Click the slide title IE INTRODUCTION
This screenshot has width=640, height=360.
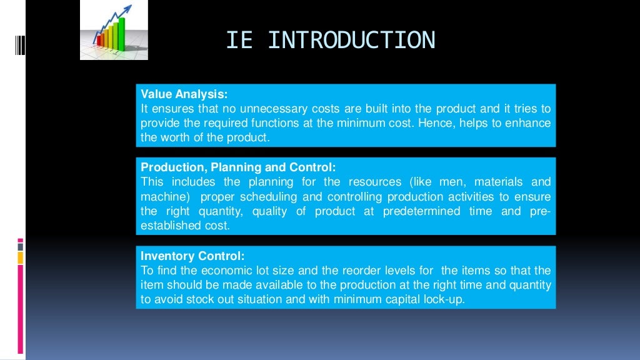tap(330, 40)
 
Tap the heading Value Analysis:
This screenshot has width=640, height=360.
tap(184, 94)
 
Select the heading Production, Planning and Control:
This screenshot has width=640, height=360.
tap(238, 167)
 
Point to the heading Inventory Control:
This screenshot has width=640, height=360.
tap(192, 256)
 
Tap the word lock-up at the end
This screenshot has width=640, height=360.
tap(444, 299)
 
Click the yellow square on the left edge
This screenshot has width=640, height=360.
tap(21, 257)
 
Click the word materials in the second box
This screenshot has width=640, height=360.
tap(500, 182)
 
